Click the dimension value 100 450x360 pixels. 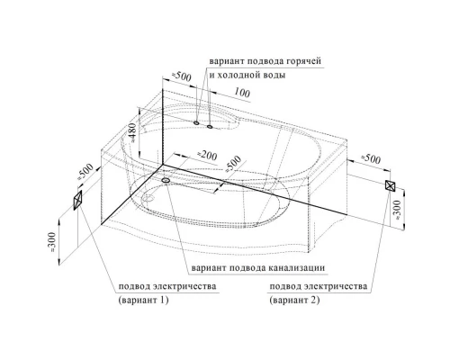(242, 93)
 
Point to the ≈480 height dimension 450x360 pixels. (133, 132)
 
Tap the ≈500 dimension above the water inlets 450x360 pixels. (181, 76)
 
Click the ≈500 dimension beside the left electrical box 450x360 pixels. (85, 172)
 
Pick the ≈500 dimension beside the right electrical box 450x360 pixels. (370, 158)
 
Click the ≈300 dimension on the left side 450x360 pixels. (52, 242)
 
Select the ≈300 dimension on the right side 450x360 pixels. (396, 210)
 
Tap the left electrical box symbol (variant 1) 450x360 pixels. (77, 200)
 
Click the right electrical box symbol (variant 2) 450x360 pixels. (391, 185)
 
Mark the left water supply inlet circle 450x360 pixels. (196, 122)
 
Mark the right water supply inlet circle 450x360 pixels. (210, 126)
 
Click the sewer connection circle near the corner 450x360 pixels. (166, 180)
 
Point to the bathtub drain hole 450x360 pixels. (148, 198)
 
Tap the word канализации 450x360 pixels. (296, 267)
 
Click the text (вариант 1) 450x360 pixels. (143, 300)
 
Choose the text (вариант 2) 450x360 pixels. (294, 300)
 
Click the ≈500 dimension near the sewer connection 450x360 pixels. (233, 164)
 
